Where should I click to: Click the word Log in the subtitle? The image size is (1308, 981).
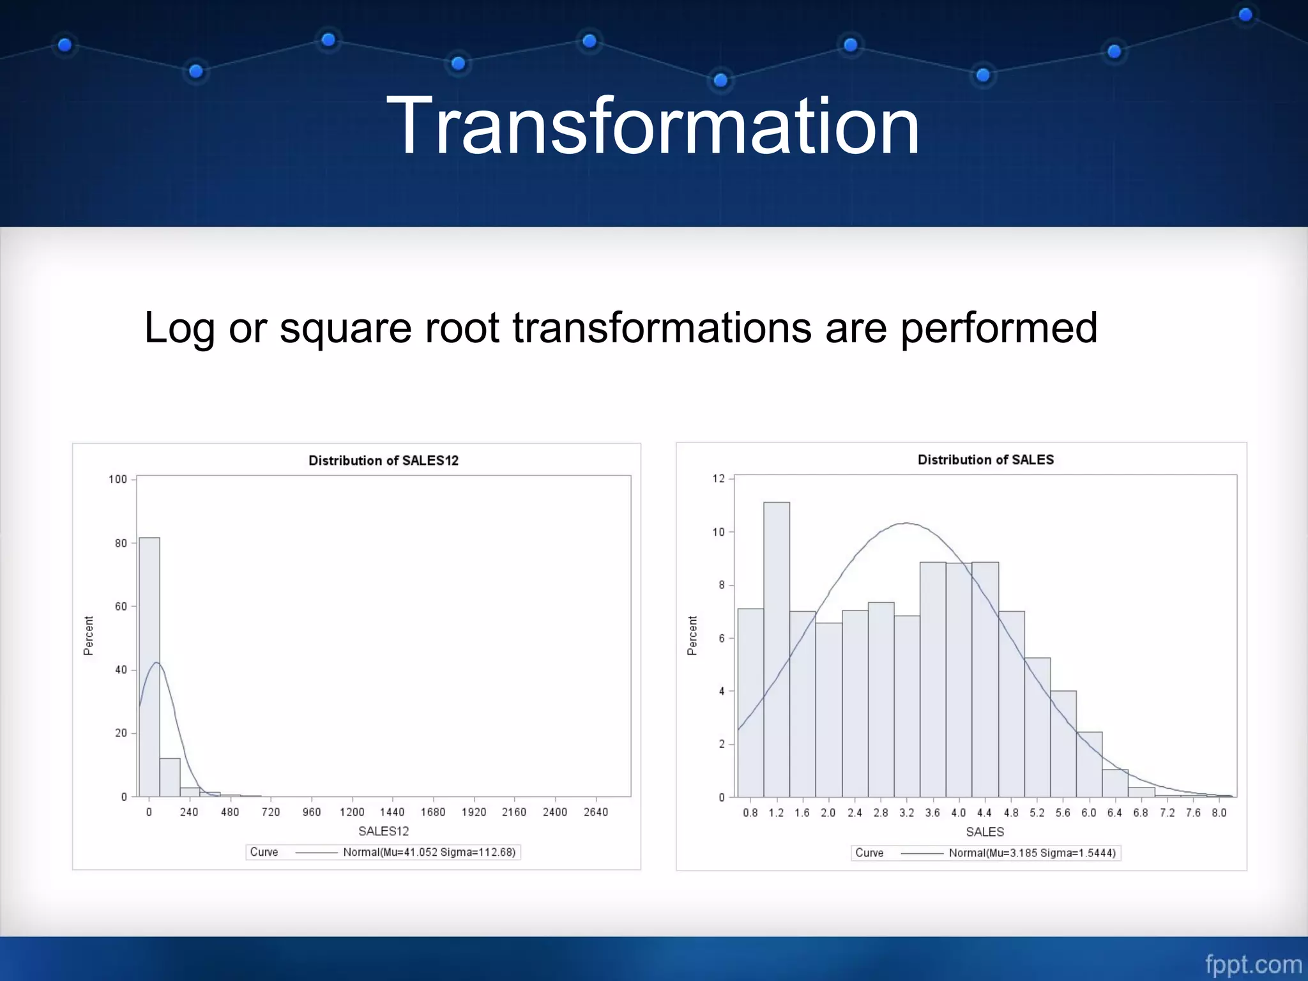[179, 328]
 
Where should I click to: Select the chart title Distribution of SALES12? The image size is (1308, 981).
[383, 460]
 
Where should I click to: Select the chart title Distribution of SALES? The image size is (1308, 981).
[985, 460]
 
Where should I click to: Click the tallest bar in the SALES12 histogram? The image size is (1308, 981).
[149, 667]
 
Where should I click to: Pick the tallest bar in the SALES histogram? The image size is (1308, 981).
[777, 650]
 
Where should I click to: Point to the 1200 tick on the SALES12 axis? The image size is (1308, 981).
[352, 812]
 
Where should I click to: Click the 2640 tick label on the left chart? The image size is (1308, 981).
[595, 812]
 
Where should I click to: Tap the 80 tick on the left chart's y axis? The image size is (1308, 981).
[121, 544]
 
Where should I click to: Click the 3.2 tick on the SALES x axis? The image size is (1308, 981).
[906, 812]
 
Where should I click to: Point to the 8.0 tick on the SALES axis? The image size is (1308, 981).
[1219, 812]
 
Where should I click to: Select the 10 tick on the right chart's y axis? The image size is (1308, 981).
[719, 532]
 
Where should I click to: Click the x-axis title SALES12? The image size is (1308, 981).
[383, 831]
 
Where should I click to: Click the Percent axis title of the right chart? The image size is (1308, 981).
[692, 635]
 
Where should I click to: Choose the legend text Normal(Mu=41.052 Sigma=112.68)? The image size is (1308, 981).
[429, 852]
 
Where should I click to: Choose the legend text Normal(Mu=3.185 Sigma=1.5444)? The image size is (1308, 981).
[1032, 853]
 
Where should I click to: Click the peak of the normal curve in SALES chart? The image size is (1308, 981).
[906, 523]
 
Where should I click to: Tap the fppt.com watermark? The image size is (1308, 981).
[1253, 964]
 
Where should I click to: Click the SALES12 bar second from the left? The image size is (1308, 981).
[170, 777]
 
